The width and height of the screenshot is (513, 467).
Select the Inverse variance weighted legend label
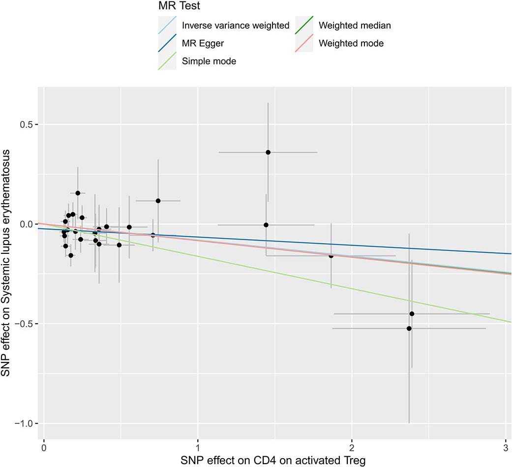[x=236, y=26]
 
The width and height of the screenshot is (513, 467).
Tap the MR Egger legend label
[x=203, y=43]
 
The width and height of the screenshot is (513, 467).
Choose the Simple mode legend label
[x=209, y=61]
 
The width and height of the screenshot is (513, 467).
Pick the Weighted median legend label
[x=355, y=26]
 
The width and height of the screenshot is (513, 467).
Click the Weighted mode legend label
[x=351, y=43]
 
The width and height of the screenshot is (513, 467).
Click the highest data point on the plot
[x=268, y=152]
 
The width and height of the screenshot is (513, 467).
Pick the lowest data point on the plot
[x=409, y=329]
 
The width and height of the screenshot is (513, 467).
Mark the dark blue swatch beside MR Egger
[x=167, y=43]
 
